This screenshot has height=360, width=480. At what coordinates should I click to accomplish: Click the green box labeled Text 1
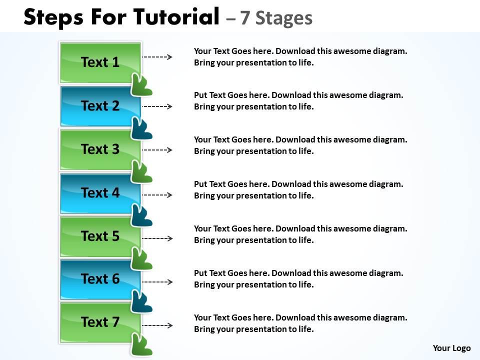click(100, 62)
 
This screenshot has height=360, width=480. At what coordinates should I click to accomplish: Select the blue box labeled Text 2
click(100, 106)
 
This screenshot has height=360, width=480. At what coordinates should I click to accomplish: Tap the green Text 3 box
click(100, 149)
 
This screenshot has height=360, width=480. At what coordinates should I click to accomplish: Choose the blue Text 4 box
click(100, 192)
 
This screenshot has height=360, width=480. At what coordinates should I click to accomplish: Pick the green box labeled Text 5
click(100, 236)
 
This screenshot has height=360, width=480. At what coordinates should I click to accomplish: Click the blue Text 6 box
click(100, 279)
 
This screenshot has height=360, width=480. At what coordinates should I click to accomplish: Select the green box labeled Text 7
click(100, 322)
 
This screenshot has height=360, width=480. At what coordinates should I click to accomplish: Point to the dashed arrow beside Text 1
click(157, 57)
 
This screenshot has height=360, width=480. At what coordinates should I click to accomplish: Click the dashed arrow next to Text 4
click(157, 194)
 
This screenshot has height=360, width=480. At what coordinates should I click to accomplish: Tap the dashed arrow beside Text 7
click(157, 325)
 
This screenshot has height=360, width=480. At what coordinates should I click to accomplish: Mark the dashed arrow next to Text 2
click(157, 106)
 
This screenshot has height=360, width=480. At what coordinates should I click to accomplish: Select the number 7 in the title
click(244, 18)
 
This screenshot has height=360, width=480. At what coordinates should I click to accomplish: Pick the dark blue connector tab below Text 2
click(141, 128)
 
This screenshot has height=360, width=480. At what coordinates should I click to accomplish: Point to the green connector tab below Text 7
click(141, 345)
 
